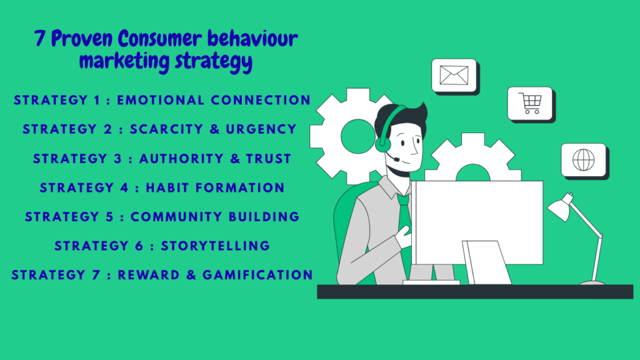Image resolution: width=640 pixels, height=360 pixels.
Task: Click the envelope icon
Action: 454,76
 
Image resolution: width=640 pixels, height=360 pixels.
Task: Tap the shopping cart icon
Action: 529,102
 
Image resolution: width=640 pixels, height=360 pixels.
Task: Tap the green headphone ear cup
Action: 382,142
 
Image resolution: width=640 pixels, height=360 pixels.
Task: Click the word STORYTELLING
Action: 216,246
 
